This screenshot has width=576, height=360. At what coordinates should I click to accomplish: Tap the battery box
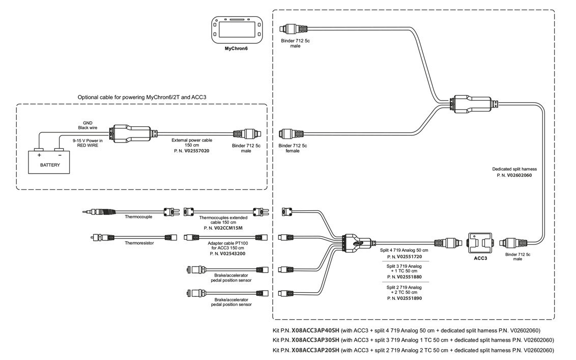50,162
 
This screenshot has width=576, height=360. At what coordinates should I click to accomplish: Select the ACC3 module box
480,243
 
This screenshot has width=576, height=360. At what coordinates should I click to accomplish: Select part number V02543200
233,253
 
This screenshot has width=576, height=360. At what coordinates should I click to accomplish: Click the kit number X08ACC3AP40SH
315,330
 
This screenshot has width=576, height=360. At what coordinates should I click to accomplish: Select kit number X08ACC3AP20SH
315,350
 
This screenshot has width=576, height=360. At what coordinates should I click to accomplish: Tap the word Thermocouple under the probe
139,216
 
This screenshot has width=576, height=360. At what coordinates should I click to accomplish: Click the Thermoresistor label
139,243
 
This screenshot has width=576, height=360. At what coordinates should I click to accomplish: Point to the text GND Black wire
87,125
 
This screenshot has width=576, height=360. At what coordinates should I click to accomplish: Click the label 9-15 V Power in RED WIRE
87,143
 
